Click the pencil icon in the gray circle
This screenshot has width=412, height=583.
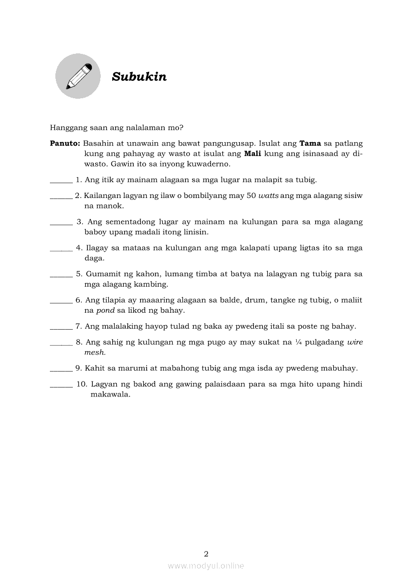(x=78, y=76)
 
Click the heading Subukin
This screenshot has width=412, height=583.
(x=139, y=77)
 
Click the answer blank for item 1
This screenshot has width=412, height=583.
(x=61, y=181)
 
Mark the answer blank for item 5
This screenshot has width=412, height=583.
(x=61, y=275)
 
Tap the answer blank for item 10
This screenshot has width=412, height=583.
(x=61, y=385)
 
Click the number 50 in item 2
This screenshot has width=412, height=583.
(x=251, y=195)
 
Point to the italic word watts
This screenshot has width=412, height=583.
(x=268, y=195)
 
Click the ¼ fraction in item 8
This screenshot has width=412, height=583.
(x=297, y=342)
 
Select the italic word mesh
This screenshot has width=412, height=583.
(x=95, y=352)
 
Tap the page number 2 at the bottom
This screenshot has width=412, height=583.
(x=206, y=554)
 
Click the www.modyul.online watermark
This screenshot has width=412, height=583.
(x=206, y=566)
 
